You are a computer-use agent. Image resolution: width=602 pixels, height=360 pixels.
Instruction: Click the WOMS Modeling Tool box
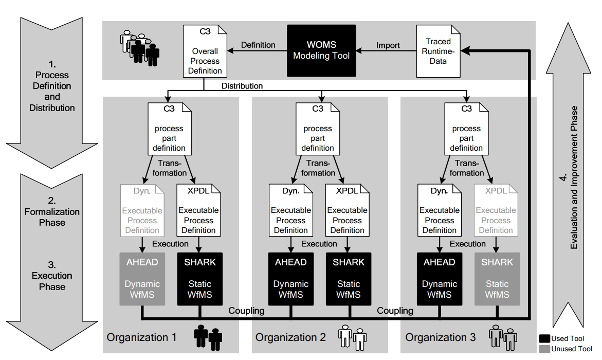coord(321,50)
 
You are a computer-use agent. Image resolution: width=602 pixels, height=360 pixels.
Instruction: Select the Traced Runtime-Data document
coord(438,51)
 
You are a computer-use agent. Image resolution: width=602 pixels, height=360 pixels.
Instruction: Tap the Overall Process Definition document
coord(205,51)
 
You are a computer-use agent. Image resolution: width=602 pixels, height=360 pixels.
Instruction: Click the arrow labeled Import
coord(387,50)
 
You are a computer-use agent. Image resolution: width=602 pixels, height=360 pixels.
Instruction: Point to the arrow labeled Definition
coord(257,50)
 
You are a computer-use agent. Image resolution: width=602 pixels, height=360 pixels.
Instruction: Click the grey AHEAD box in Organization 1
coord(142,279)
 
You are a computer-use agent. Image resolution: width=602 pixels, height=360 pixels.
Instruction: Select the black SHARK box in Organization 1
coord(200,279)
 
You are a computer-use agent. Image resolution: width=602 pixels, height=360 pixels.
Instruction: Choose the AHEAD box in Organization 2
coord(291,279)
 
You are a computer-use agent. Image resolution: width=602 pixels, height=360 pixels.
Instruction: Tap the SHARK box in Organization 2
coord(349,279)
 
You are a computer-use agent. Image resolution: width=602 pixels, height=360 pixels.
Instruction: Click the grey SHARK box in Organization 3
coord(497,279)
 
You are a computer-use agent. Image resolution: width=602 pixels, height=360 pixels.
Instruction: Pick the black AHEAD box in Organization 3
coord(440,279)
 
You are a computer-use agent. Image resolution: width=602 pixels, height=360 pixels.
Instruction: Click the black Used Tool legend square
coord(544,338)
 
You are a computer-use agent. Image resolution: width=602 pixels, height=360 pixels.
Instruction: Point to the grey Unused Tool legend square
coord(544,349)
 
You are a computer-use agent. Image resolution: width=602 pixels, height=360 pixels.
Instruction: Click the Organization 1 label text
coord(141,337)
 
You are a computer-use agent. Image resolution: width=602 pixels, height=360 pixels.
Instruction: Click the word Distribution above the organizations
coord(242,86)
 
